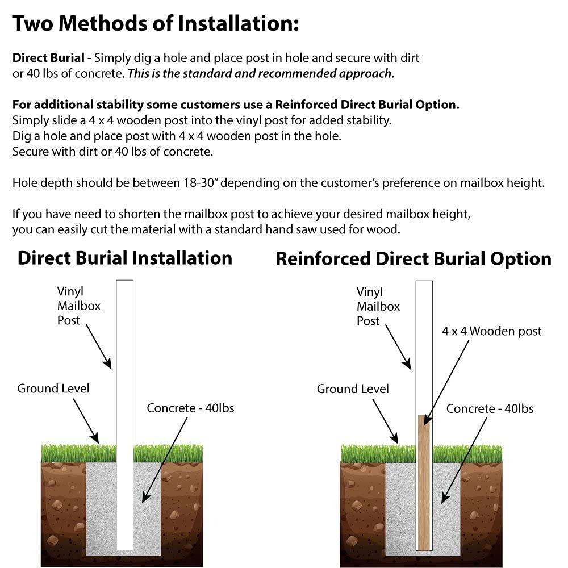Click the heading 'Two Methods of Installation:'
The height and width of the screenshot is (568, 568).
point(155,24)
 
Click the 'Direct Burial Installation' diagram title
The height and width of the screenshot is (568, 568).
point(125,258)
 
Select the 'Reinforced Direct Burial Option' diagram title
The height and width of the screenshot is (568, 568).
point(413,259)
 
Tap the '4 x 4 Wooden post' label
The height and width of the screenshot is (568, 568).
point(492,331)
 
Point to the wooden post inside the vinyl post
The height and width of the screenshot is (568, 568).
point(424,483)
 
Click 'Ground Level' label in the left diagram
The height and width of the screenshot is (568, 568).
point(53,389)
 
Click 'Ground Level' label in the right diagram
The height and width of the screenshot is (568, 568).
point(353,389)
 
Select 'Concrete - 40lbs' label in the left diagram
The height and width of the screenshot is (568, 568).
point(190,408)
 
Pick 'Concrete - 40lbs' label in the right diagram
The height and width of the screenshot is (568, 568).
point(490,408)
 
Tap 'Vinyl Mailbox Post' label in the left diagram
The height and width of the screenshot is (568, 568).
point(78,306)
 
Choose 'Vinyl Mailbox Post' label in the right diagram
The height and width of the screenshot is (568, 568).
point(378,306)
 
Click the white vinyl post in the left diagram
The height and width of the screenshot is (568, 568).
point(124,369)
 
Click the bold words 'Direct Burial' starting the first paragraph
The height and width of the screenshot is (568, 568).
point(48,58)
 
